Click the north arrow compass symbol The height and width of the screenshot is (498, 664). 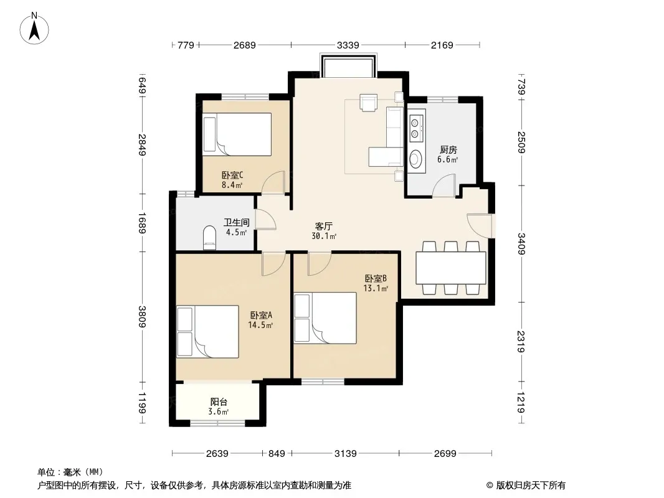[x=34, y=29]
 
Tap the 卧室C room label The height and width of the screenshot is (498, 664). [x=232, y=175]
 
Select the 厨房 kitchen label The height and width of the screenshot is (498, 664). [x=448, y=150]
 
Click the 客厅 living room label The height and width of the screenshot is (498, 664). [x=323, y=227]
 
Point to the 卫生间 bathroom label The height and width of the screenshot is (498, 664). [x=236, y=223]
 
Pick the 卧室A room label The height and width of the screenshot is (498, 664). [x=261, y=315]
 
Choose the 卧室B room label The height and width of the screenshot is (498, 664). [x=376, y=279]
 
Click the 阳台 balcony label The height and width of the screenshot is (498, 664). [x=219, y=402]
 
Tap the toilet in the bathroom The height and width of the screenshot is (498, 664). [x=209, y=237]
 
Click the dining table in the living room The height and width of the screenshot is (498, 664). [x=450, y=268]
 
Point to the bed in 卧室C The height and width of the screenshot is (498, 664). [x=237, y=134]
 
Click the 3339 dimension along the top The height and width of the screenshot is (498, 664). [x=348, y=45]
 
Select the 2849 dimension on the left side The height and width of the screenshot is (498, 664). [x=142, y=144]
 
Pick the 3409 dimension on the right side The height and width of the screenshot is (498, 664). [x=521, y=244]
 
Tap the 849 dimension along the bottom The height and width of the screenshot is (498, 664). [x=277, y=454]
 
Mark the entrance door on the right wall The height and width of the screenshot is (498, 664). [x=480, y=226]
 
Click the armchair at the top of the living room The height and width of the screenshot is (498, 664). [x=368, y=102]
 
